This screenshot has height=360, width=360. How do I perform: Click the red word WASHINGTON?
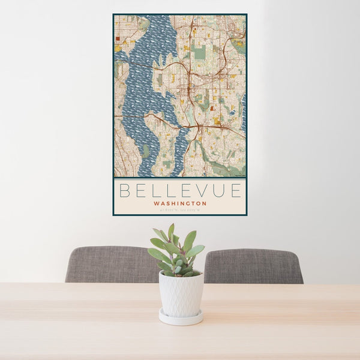coord(180,203)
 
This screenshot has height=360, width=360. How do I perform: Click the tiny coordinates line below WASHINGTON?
coord(180,209)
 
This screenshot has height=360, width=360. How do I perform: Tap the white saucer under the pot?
coord(181,317)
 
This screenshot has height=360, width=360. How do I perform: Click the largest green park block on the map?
coord(200,52)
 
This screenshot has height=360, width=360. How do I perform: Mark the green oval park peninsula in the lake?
coord(146,151)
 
